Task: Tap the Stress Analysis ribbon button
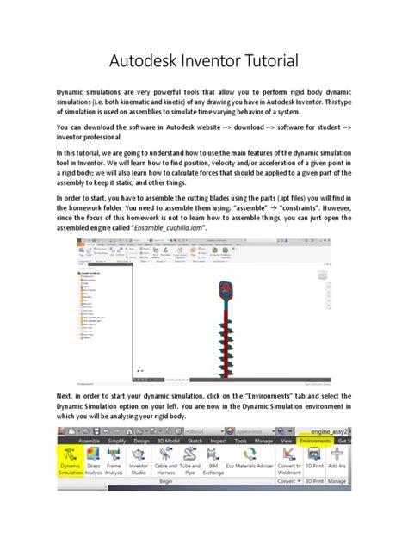click(92, 458)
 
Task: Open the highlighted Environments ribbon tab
click(314, 440)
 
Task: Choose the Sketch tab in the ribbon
click(195, 440)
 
